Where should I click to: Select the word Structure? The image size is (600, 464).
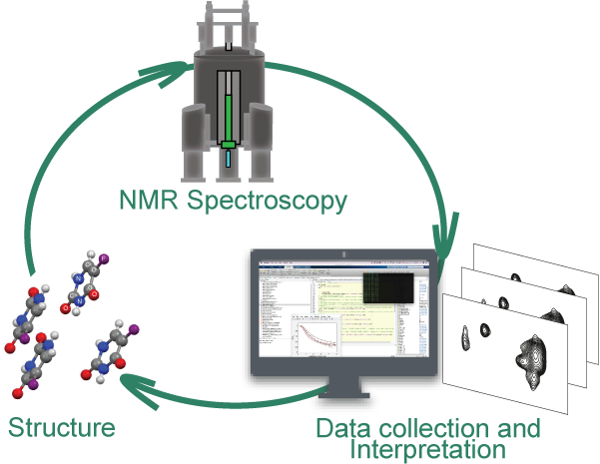[x=62, y=429]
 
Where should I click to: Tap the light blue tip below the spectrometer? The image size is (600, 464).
[x=228, y=157]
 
